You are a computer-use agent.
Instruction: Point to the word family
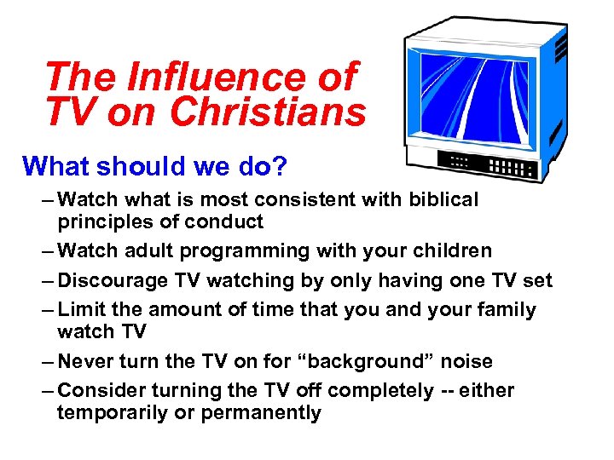(x=506, y=309)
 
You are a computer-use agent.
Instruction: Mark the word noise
(x=466, y=361)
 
